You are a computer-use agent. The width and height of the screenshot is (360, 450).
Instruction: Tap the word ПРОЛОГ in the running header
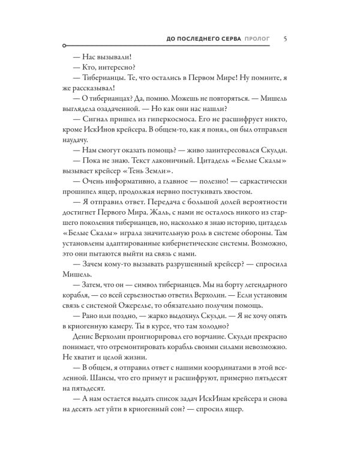coord(257,39)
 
